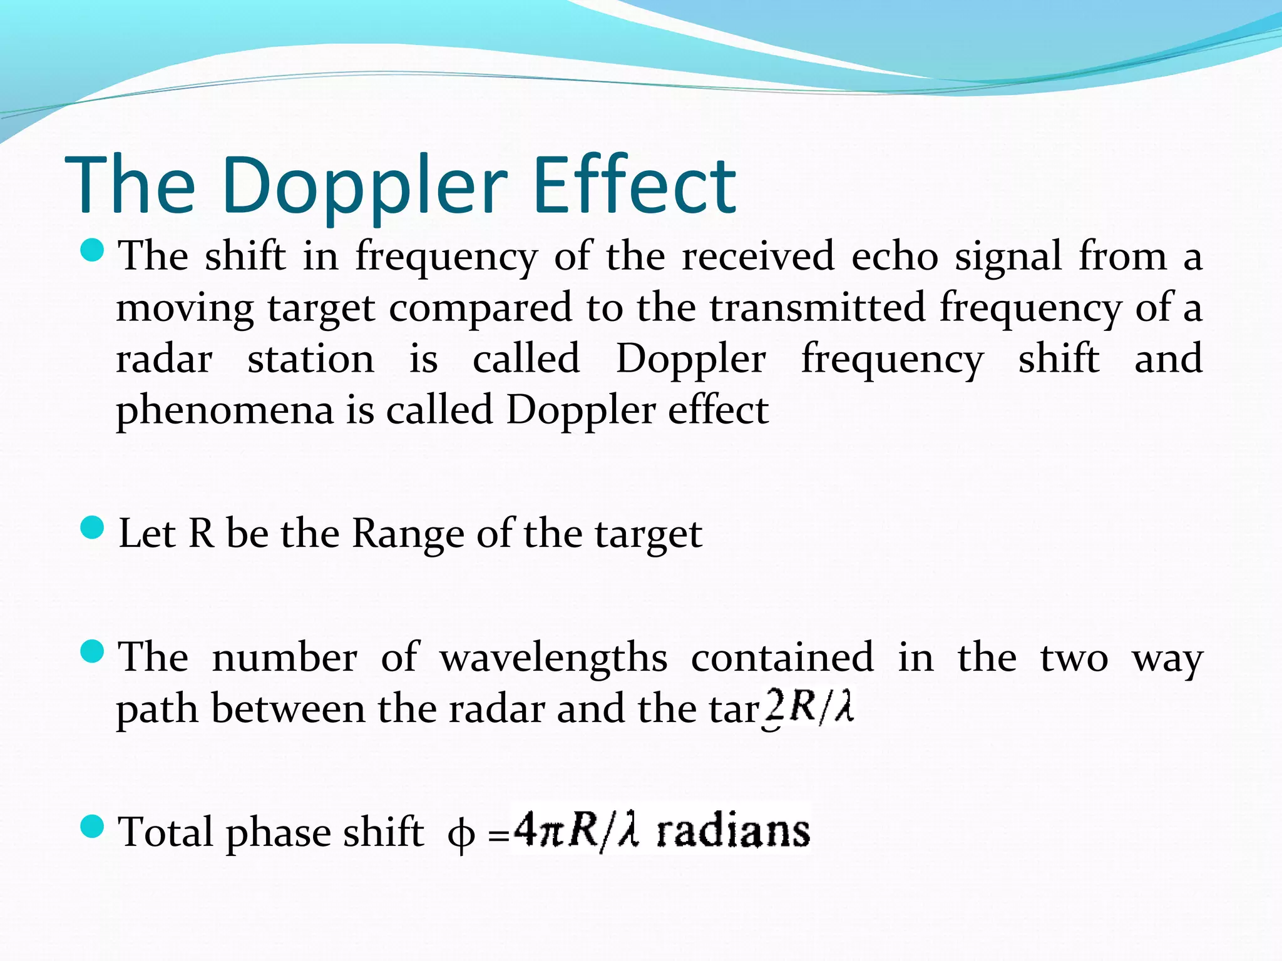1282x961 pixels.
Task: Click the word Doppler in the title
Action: coord(363,186)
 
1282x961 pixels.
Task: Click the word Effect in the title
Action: coord(635,186)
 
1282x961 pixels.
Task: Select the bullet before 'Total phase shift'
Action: coord(92,828)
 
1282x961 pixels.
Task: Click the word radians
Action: coord(733,831)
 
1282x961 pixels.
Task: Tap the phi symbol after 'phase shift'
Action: coord(461,835)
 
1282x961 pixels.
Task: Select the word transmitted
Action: coord(817,308)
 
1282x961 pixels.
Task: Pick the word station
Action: coord(310,360)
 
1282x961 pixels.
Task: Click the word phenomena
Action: coord(225,411)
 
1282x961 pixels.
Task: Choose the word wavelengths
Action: coord(553,658)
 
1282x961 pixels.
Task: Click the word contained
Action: coord(782,658)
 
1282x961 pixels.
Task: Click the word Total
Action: coord(166,832)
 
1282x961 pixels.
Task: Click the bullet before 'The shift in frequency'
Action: coord(92,252)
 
